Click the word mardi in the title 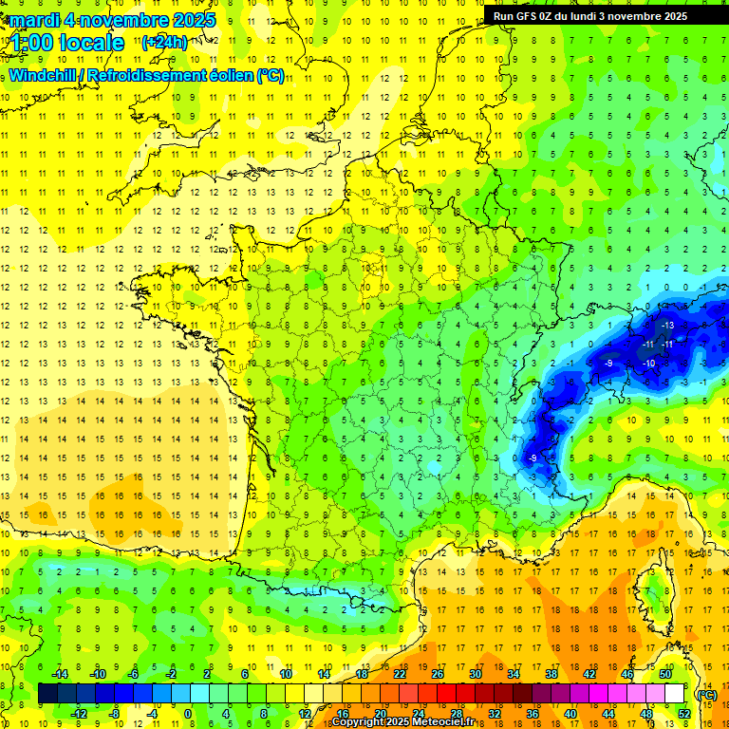(x=34, y=19)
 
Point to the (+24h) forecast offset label (x=164, y=42)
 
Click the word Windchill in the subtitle (x=45, y=75)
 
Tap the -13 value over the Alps (x=667, y=326)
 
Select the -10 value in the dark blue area (x=649, y=364)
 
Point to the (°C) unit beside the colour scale (x=707, y=694)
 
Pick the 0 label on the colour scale (x=187, y=714)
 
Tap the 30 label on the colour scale (x=476, y=674)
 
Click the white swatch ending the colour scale (x=675, y=694)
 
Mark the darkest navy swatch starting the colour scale (x=47, y=694)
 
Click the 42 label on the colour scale (x=589, y=674)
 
